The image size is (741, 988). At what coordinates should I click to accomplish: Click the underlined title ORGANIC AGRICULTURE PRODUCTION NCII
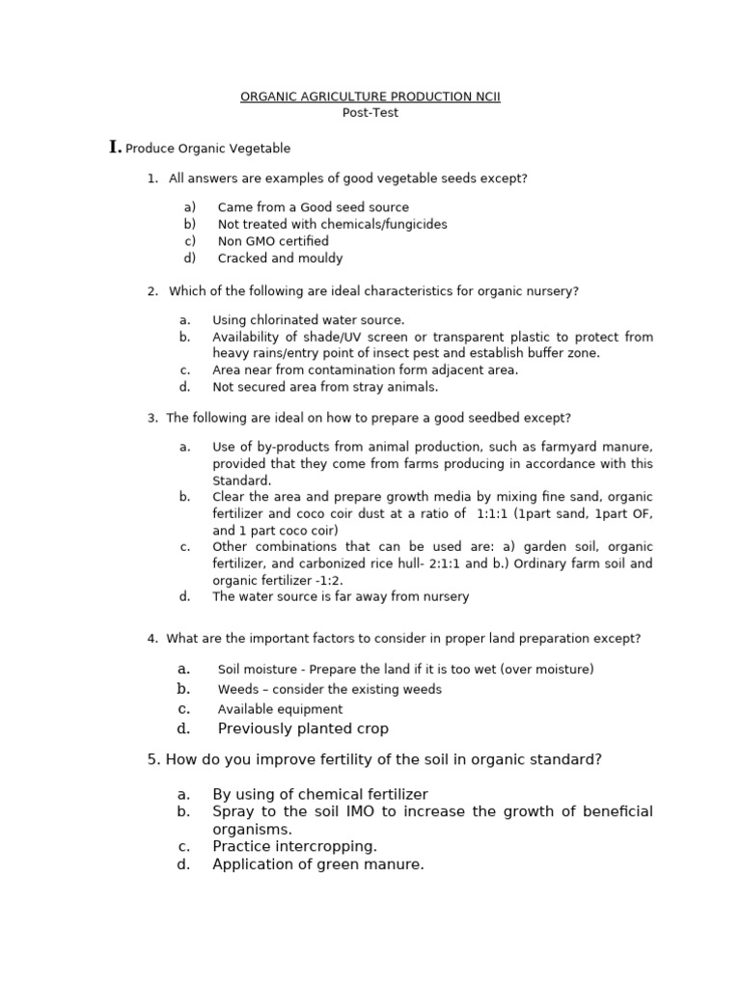point(370,96)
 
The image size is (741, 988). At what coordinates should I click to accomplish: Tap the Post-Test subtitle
point(370,113)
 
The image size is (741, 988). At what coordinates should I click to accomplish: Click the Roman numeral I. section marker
point(116,147)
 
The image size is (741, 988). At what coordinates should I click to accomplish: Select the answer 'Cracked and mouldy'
point(280,259)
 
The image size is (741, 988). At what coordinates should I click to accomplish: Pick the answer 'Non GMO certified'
point(273,241)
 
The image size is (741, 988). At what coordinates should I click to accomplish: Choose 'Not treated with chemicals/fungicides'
point(332,224)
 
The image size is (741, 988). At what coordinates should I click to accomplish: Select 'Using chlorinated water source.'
point(309,319)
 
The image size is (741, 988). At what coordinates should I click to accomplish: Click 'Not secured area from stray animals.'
point(325,387)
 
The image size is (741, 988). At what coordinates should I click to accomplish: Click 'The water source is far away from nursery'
point(341,596)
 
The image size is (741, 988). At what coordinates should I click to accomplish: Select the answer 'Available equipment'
point(280,709)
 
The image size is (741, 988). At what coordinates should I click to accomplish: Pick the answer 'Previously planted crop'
point(303,728)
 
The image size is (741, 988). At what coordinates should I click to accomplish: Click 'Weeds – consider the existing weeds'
point(329,690)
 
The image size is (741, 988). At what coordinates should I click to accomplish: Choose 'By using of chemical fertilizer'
point(320,794)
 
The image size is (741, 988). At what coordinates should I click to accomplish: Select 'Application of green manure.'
point(318,864)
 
